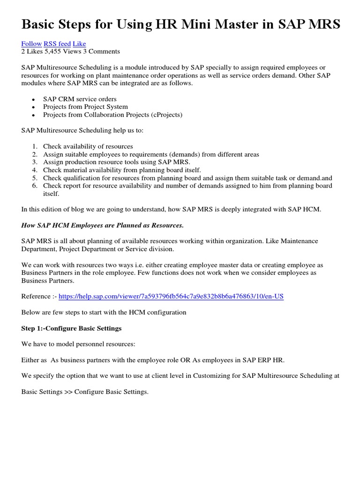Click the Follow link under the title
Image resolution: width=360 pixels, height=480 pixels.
tap(31, 44)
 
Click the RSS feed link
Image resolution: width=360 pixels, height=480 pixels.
tap(57, 44)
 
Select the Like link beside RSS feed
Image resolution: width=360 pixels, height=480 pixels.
tap(79, 44)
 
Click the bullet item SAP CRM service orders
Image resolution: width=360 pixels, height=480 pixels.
tap(80, 99)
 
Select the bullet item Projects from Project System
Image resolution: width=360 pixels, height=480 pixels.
tap(85, 106)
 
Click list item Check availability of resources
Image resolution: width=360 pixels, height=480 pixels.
tap(88, 146)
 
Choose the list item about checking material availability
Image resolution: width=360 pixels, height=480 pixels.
tap(122, 170)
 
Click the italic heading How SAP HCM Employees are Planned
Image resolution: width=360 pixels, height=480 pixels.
tap(102, 225)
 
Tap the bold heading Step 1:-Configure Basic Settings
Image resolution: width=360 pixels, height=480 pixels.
tap(71, 328)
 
